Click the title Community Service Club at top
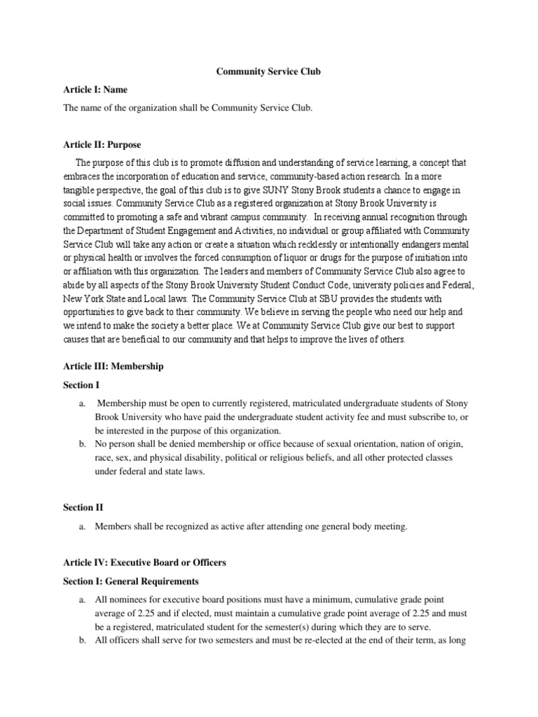pyautogui.click(x=268, y=72)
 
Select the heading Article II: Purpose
pyautogui.click(x=102, y=145)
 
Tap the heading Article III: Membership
pyautogui.click(x=113, y=366)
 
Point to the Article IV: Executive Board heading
pyautogui.click(x=145, y=562)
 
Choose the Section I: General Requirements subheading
pyautogui.click(x=131, y=581)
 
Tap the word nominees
pyautogui.click(x=129, y=600)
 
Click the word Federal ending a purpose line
pyautogui.click(x=459, y=285)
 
